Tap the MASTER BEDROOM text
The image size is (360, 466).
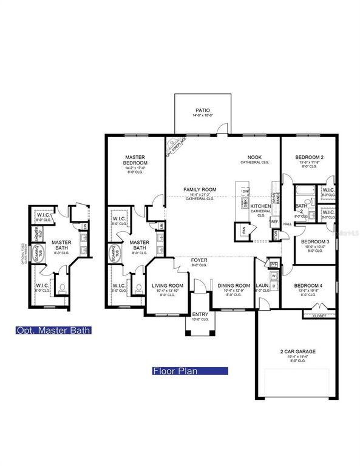[x=135, y=160]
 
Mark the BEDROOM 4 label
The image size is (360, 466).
[x=309, y=285]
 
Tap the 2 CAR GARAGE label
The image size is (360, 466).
[x=297, y=351]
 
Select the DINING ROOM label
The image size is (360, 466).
[x=234, y=285]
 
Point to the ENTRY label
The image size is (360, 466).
[x=199, y=314]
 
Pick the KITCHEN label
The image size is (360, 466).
[x=261, y=207]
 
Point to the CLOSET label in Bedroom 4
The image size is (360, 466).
[x=319, y=316]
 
